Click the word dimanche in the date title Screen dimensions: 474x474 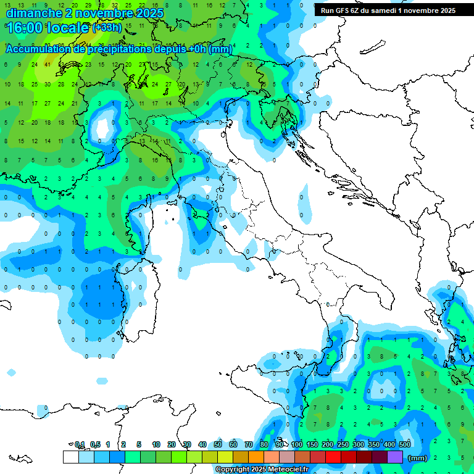[33, 13]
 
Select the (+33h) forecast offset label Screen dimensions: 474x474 [107, 28]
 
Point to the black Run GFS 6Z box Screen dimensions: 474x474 [388, 10]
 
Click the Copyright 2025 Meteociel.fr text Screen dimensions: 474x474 [262, 469]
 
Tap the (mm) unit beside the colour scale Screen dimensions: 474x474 [418, 458]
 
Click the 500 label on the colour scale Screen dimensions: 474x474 [405, 444]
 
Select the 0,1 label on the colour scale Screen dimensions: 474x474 [79, 444]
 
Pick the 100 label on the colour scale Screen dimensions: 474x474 [297, 444]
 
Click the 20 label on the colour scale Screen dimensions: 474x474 [172, 444]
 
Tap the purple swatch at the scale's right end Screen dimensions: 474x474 [395, 457]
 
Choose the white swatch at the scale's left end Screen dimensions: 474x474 [70, 457]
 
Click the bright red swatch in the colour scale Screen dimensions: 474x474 [333, 457]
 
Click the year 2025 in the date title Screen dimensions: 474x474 [151, 13]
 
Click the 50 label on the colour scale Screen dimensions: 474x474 [218, 444]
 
